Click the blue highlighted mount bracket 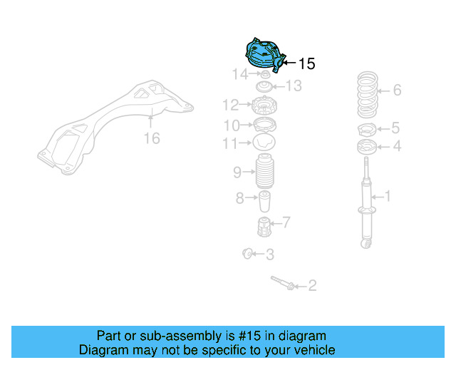click(x=263, y=54)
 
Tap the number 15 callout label click(x=306, y=64)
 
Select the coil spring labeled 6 click(x=367, y=95)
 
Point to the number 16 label click(x=152, y=138)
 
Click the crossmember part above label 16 click(x=114, y=125)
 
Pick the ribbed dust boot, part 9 click(x=265, y=172)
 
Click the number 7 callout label click(x=285, y=223)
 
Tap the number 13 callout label click(x=294, y=86)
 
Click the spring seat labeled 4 click(x=367, y=148)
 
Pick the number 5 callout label click(x=395, y=129)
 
